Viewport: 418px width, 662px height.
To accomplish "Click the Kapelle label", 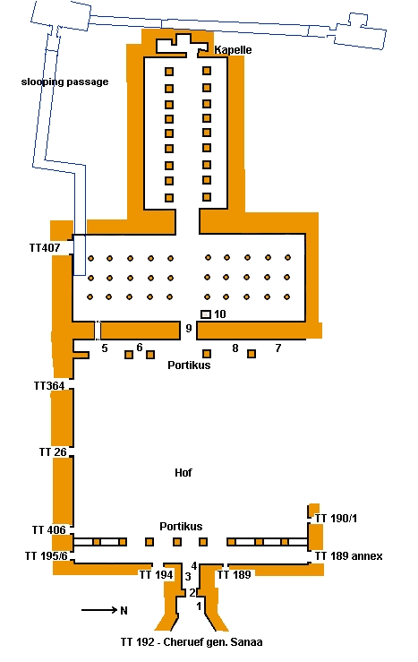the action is (233, 50).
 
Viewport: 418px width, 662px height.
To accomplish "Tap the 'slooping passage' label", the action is (65, 82).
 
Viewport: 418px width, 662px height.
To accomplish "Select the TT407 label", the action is (45, 247).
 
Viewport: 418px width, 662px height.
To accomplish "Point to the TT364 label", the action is (49, 385).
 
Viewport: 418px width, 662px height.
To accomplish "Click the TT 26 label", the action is (53, 452).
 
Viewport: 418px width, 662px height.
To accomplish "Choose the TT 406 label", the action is (49, 529).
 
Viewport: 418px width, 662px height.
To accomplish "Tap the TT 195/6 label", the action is (47, 556).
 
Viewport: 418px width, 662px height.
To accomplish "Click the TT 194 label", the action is (157, 574).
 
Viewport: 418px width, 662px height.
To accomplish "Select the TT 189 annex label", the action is (349, 556).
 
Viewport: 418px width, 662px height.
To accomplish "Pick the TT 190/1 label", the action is (337, 518).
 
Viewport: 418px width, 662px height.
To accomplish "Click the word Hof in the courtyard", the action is (183, 472).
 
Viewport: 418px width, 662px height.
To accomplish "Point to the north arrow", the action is (99, 610).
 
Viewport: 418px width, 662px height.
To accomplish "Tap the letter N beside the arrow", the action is (124, 611).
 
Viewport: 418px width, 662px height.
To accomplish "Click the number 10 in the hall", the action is (220, 314).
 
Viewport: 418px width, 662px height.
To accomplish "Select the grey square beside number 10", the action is (205, 314).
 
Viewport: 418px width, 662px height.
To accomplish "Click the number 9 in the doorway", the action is (189, 328).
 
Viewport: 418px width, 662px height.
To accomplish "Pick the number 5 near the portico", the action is (105, 348).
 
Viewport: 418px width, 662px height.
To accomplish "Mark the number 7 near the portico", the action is (278, 348).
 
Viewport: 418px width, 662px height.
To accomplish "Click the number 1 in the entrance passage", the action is (199, 606).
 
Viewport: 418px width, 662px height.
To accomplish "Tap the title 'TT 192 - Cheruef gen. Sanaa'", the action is (192, 642).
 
